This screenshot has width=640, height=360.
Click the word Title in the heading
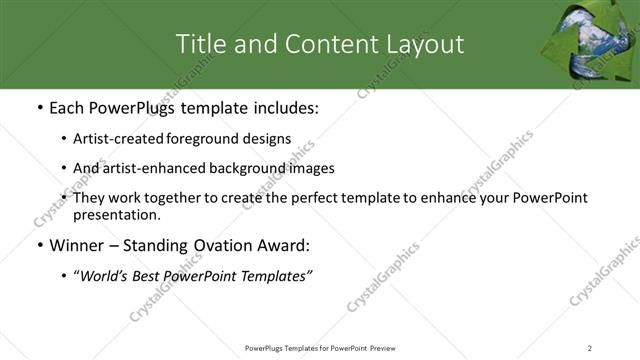[x=199, y=44]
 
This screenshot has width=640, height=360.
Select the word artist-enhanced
[x=148, y=168]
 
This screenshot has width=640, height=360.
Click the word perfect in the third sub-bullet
[x=313, y=198]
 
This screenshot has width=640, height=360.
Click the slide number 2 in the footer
[x=590, y=348]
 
